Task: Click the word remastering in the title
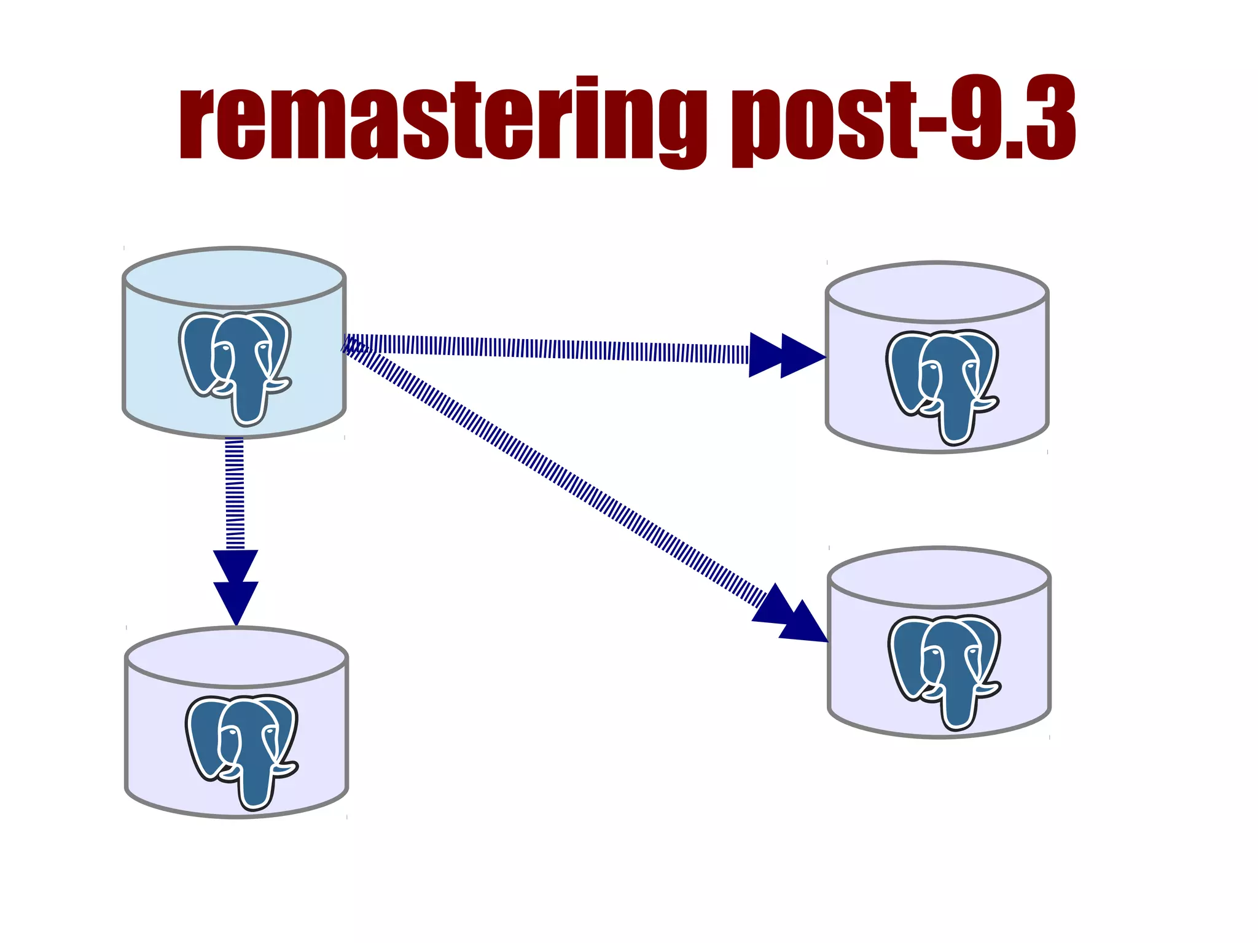click(442, 120)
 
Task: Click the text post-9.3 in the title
click(903, 120)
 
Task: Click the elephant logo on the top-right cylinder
click(942, 386)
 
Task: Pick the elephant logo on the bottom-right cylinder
click(945, 671)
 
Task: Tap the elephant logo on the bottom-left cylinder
click(242, 751)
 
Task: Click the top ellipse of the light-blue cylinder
click(234, 277)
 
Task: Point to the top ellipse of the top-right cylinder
click(937, 292)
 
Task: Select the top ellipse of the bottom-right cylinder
click(939, 577)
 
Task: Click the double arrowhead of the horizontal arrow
click(787, 355)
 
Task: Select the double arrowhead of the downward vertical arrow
click(236, 587)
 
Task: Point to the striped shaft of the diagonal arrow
click(553, 473)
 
